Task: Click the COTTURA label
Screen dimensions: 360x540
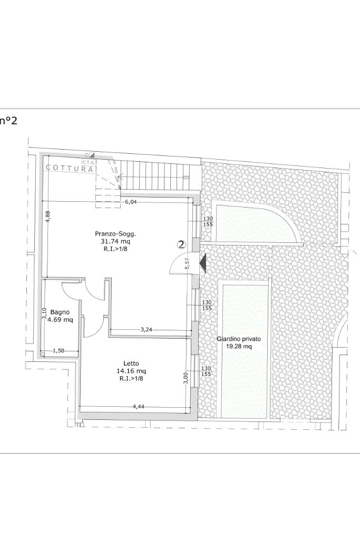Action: (70, 169)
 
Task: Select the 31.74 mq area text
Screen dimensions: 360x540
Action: (116, 241)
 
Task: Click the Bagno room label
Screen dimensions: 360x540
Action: (60, 312)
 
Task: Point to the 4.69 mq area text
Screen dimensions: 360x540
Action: (60, 320)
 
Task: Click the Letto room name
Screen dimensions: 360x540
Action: (131, 364)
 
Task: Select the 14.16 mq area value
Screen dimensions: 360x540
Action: (131, 371)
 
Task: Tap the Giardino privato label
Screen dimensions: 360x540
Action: (239, 339)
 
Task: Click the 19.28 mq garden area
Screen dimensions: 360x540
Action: (239, 347)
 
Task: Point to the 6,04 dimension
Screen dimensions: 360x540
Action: (131, 202)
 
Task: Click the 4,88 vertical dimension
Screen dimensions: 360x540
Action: (47, 217)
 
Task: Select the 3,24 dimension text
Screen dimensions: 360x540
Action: (147, 330)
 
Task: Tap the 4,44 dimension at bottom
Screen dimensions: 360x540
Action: (139, 407)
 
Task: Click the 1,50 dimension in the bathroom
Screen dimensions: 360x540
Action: (59, 351)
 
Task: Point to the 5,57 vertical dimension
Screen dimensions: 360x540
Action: (188, 263)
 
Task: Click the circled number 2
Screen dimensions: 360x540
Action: (181, 244)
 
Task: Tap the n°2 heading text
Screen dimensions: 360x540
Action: (8, 121)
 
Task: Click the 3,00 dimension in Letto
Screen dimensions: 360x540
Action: (186, 378)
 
